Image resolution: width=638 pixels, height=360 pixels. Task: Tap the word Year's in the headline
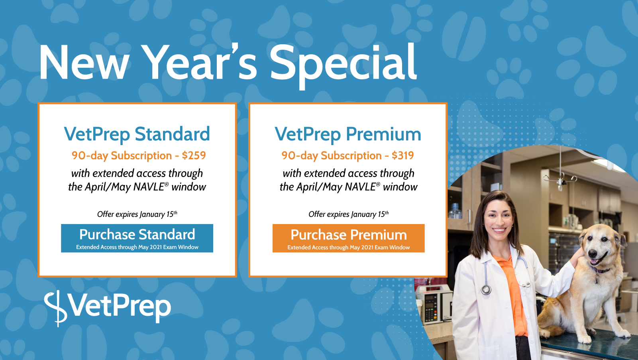tap(199, 62)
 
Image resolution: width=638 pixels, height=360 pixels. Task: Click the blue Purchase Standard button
tap(137, 238)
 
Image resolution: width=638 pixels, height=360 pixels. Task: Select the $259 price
tap(194, 155)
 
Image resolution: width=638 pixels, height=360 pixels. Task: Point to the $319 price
tap(403, 155)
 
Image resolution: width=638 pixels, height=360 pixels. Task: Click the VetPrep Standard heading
tap(137, 134)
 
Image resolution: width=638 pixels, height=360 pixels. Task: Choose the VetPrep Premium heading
tap(348, 134)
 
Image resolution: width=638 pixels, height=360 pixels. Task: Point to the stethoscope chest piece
tap(486, 290)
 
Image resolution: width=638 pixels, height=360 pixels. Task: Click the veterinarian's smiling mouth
tap(499, 230)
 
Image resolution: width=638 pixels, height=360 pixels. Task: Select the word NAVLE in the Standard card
tap(149, 187)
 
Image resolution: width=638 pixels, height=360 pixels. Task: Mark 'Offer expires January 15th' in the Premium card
tap(348, 214)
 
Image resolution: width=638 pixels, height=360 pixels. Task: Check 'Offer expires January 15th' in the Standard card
tap(137, 214)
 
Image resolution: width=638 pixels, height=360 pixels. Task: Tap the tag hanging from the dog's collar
tap(597, 281)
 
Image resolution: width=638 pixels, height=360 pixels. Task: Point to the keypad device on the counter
tap(432, 308)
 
